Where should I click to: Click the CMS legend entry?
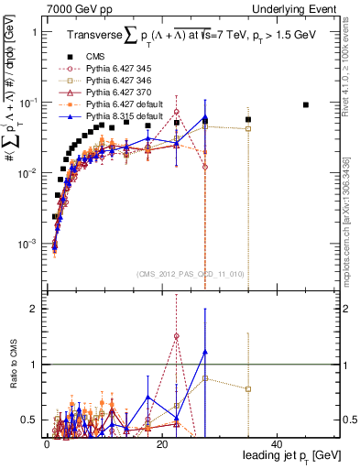tap(95, 60)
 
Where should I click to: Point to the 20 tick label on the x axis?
tap(162, 443)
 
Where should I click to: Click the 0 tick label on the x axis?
tap(47, 443)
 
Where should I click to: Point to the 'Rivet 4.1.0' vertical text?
tap(352, 64)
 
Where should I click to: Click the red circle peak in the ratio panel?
tap(176, 336)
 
